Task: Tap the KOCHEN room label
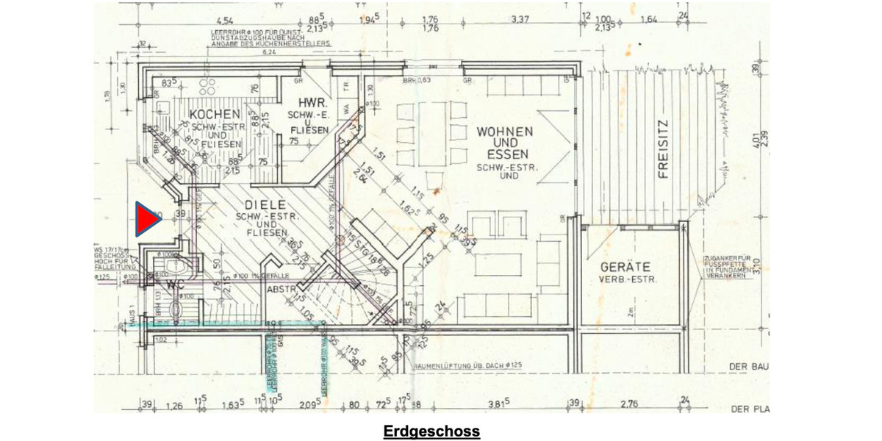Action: [x=214, y=115]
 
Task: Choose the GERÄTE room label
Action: [x=626, y=267]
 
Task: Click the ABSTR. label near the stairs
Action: [x=280, y=289]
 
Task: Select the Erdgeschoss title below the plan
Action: [x=431, y=431]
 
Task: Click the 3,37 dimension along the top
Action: [x=520, y=19]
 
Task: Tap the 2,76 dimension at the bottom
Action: [x=628, y=404]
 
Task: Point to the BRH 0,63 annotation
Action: [x=417, y=79]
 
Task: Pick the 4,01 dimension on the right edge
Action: [x=755, y=137]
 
